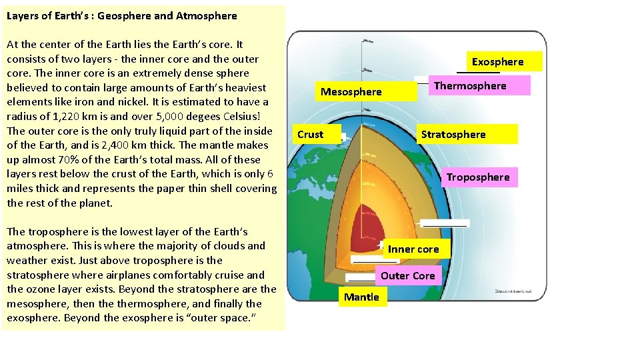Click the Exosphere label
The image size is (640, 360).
coord(498,62)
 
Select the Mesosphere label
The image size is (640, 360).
coord(351,92)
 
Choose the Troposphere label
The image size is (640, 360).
coord(478,177)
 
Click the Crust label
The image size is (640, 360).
coord(311,135)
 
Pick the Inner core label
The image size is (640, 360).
coord(413,249)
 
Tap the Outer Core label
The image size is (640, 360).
coord(408,275)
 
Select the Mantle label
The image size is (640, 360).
coord(361,297)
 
